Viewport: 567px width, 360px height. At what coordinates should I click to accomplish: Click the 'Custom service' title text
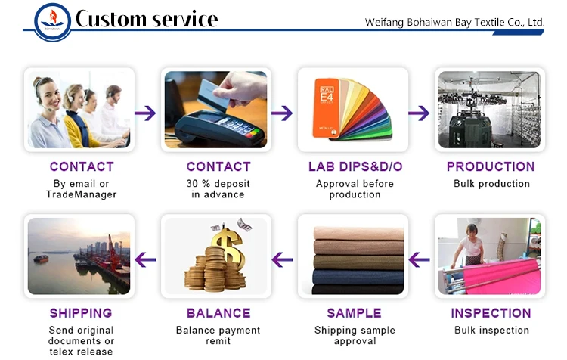[147, 20]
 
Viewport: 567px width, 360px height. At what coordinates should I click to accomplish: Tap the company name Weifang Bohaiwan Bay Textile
[454, 22]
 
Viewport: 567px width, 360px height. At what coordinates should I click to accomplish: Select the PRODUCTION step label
[491, 166]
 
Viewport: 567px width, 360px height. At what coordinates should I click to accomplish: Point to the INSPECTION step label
[491, 313]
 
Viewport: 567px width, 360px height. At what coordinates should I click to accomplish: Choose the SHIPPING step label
[81, 313]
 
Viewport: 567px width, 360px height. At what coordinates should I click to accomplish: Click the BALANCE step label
[218, 313]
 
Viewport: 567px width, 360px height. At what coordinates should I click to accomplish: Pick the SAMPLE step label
[354, 313]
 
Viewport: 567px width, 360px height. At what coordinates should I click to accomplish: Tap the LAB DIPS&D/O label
[354, 166]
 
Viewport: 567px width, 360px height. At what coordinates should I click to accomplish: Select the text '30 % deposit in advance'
[218, 188]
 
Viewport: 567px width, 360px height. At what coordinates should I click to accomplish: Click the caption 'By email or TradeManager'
[82, 188]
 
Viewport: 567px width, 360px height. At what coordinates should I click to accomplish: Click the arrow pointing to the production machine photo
[419, 113]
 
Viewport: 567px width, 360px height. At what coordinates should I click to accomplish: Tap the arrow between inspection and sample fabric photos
[419, 260]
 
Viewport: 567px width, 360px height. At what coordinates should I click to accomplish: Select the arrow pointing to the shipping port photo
[145, 260]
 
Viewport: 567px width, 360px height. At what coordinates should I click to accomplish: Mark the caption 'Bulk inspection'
[491, 330]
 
